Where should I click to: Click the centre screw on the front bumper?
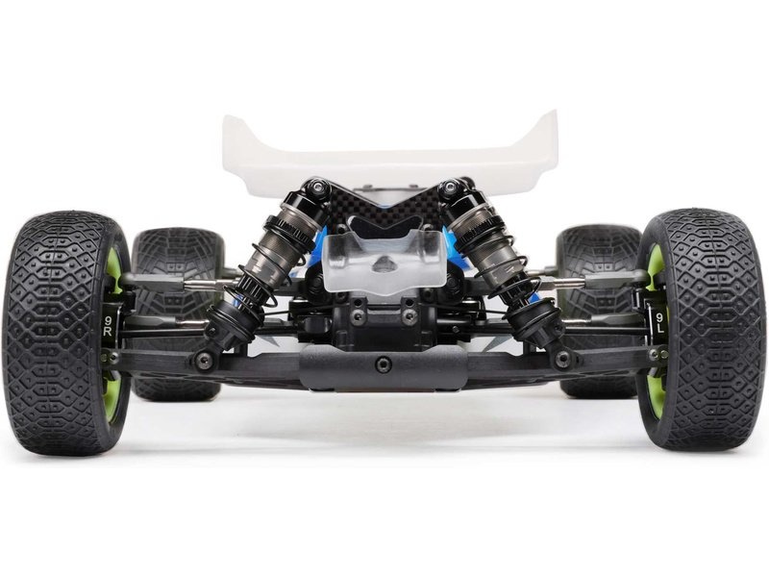coord(384,365)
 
